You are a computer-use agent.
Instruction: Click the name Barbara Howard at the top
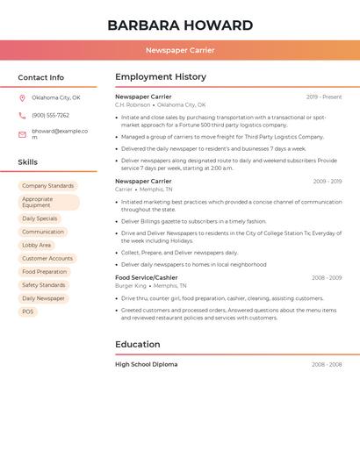(x=180, y=25)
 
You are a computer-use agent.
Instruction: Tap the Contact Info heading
(x=40, y=77)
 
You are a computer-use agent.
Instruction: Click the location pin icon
(x=22, y=98)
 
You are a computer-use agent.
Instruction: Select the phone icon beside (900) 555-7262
(x=22, y=116)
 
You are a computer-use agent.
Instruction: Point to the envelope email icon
(x=22, y=134)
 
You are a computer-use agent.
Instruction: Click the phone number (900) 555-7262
(x=50, y=116)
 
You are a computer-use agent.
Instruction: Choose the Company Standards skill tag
(x=47, y=186)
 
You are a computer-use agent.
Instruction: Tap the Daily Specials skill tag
(x=40, y=218)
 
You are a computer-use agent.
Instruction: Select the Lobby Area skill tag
(x=36, y=246)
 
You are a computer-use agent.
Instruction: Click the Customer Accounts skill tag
(x=47, y=259)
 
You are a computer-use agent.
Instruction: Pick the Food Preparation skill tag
(x=44, y=272)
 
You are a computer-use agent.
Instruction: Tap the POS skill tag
(x=27, y=311)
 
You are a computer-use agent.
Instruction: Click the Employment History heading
(x=161, y=77)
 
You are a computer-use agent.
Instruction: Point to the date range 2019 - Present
(x=324, y=97)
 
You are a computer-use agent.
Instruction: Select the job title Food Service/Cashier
(x=146, y=277)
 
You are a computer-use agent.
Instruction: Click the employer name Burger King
(x=131, y=286)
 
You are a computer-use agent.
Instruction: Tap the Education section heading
(x=137, y=345)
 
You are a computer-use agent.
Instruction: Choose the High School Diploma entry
(x=146, y=364)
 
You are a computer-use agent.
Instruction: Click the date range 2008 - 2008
(x=327, y=364)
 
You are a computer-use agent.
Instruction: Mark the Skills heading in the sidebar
(x=28, y=162)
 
